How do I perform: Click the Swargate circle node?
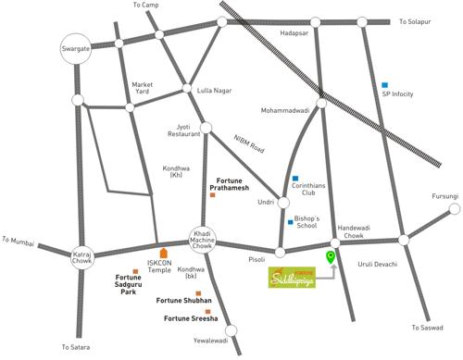[x=75, y=48]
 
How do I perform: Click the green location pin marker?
[x=330, y=258]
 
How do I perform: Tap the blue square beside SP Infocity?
[x=385, y=85]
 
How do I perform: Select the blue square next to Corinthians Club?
[x=295, y=178]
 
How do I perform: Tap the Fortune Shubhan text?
[x=183, y=302]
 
